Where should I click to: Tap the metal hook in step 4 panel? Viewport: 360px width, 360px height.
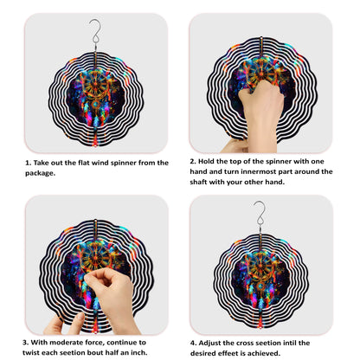tap(260, 213)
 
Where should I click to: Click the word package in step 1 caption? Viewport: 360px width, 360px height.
tap(40, 173)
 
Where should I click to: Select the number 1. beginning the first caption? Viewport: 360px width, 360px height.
tap(28, 163)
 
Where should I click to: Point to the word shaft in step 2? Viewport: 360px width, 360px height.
tap(198, 182)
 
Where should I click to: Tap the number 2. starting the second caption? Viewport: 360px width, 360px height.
tap(193, 161)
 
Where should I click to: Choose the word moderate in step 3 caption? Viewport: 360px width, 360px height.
tap(66, 343)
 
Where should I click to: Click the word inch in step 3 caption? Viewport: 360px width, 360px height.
tap(139, 352)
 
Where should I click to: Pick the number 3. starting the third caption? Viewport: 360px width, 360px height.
tap(26, 343)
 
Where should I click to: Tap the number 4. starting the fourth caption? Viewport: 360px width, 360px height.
tap(193, 344)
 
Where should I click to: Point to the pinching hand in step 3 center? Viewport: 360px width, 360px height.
tap(111, 297)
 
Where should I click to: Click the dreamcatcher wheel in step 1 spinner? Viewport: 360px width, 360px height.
tap(95, 85)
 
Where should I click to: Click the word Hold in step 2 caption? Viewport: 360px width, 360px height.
tap(206, 161)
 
